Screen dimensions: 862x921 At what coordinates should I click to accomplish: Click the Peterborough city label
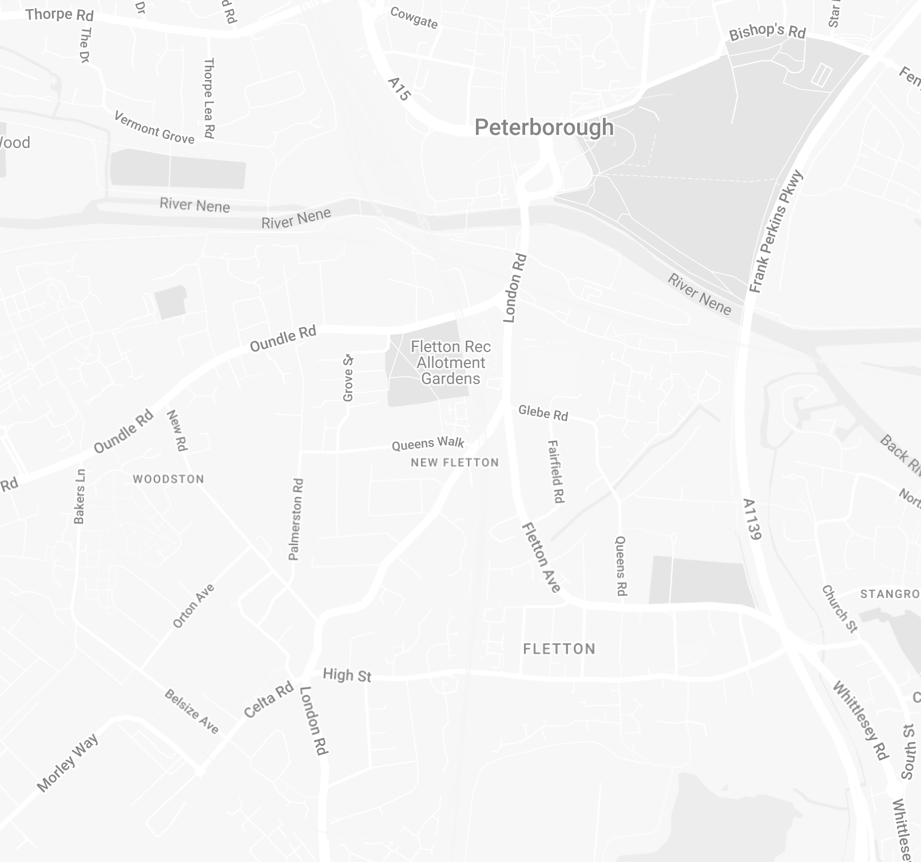pyautogui.click(x=544, y=127)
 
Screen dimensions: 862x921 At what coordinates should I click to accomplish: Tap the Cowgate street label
pyautogui.click(x=414, y=18)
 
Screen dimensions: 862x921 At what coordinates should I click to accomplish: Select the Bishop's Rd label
pyautogui.click(x=767, y=32)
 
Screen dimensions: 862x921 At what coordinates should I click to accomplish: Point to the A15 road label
pyautogui.click(x=399, y=90)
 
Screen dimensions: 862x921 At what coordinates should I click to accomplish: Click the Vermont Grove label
pyautogui.click(x=154, y=127)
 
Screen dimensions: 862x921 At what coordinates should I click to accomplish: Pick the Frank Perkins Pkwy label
pyautogui.click(x=776, y=232)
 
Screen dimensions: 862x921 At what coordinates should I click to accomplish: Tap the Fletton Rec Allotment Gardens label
pyautogui.click(x=451, y=362)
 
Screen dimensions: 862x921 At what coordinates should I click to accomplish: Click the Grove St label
pyautogui.click(x=348, y=378)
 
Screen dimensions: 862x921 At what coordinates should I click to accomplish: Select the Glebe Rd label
pyautogui.click(x=543, y=413)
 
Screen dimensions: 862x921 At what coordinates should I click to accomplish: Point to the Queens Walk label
pyautogui.click(x=428, y=444)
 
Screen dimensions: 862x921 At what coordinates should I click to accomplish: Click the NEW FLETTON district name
pyautogui.click(x=455, y=462)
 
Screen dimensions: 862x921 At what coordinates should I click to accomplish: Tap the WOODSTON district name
pyautogui.click(x=168, y=479)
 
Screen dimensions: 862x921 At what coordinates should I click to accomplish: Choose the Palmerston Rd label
pyautogui.click(x=296, y=519)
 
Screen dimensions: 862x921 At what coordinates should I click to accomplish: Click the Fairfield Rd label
pyautogui.click(x=555, y=472)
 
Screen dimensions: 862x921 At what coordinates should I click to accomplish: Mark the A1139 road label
pyautogui.click(x=752, y=520)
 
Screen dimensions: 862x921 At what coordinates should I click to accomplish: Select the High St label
pyautogui.click(x=347, y=675)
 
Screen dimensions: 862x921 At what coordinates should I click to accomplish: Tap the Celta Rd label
pyautogui.click(x=268, y=700)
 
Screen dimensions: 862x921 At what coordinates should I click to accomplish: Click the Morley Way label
pyautogui.click(x=68, y=763)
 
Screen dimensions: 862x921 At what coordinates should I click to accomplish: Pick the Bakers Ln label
pyautogui.click(x=80, y=496)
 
